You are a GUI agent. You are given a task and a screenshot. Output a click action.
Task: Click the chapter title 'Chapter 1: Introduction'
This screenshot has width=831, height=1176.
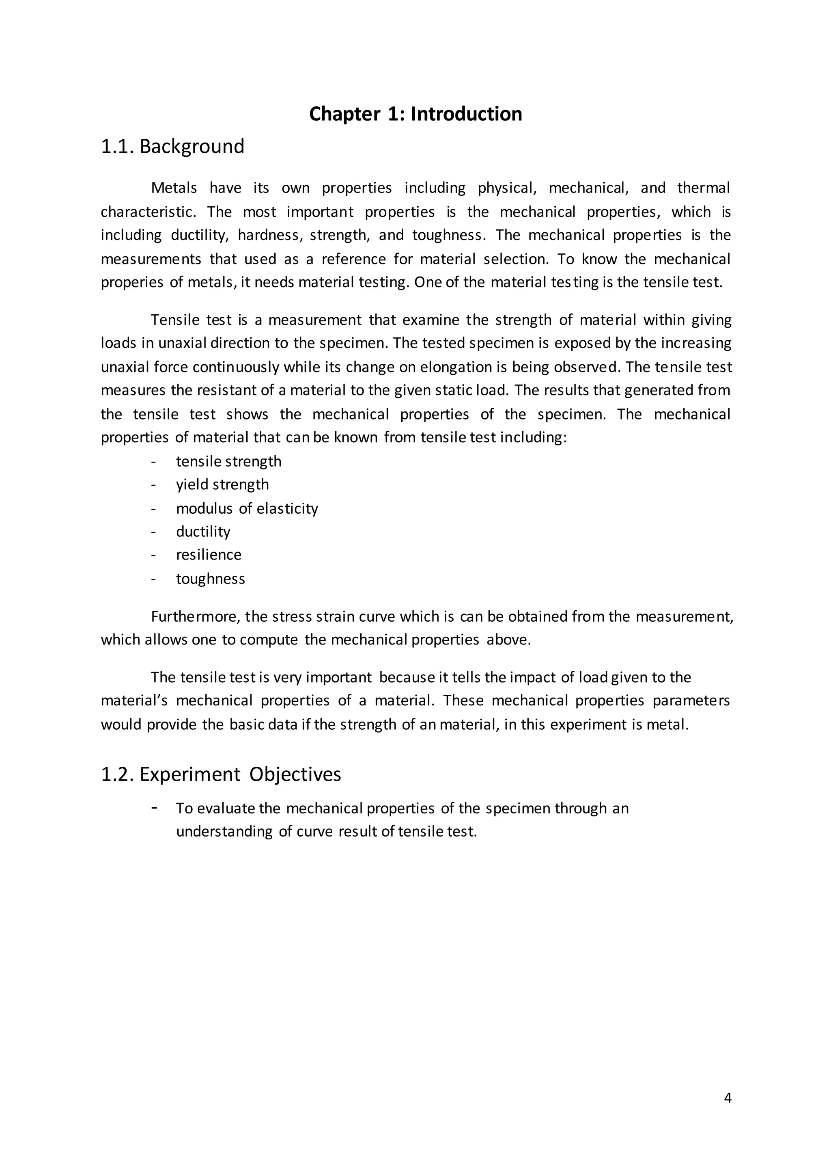pyautogui.click(x=415, y=114)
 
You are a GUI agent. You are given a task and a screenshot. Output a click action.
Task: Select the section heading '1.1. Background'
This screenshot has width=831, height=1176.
pyautogui.click(x=172, y=147)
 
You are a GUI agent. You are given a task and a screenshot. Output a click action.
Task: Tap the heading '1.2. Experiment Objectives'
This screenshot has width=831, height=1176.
pyautogui.click(x=221, y=774)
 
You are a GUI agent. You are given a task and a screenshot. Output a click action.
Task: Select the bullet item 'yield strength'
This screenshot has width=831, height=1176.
pyautogui.click(x=222, y=484)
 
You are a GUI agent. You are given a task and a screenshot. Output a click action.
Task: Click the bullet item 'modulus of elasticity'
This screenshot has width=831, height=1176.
pyautogui.click(x=247, y=508)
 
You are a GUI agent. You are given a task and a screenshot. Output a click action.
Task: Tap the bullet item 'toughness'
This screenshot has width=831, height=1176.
pyautogui.click(x=210, y=579)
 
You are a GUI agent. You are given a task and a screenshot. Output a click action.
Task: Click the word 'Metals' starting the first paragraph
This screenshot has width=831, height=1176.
pyautogui.click(x=174, y=188)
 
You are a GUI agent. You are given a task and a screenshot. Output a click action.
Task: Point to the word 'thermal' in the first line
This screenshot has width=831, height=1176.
pyautogui.click(x=703, y=188)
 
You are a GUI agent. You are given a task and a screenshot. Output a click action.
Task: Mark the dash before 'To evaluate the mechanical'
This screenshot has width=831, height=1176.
pyautogui.click(x=154, y=807)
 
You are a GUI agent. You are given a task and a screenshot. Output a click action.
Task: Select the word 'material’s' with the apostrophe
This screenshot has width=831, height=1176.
pyautogui.click(x=133, y=700)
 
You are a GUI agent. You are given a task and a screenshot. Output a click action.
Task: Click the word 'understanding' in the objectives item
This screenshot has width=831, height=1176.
pyautogui.click(x=224, y=831)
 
